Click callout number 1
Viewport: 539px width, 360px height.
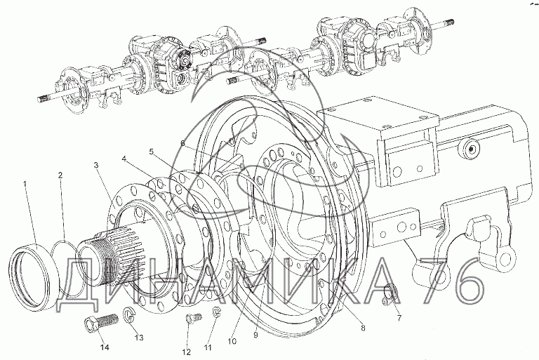click(x=25, y=185)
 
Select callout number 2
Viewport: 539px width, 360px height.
click(x=60, y=175)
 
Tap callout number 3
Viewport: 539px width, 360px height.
click(x=96, y=166)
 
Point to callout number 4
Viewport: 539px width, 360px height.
click(x=124, y=159)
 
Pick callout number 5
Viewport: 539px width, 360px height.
click(x=152, y=152)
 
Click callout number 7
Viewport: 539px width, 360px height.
click(x=399, y=319)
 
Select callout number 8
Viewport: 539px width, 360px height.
click(x=363, y=328)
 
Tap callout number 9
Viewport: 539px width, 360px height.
click(x=255, y=335)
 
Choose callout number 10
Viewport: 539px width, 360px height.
click(x=232, y=342)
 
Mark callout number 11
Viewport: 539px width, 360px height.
click(x=208, y=347)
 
